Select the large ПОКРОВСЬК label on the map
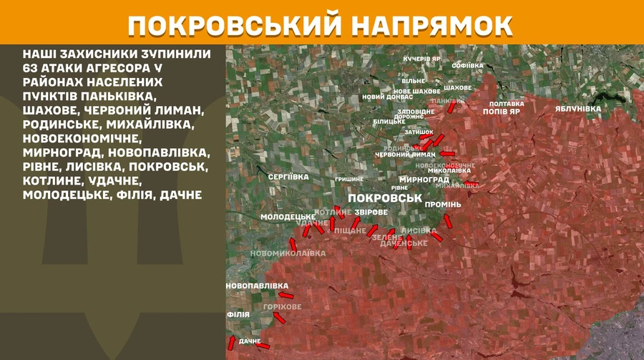[383, 197]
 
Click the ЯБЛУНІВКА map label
[577, 108]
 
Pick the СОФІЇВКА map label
[469, 65]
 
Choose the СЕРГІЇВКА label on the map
[288, 176]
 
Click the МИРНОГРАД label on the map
[424, 180]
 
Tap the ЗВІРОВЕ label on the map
[371, 213]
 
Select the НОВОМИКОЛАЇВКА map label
[287, 253]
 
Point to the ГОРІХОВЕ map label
[282, 306]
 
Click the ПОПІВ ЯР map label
[501, 112]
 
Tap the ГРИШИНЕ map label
[349, 179]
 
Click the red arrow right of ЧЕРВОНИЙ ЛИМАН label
[447, 153]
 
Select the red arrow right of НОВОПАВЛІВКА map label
[286, 295]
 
